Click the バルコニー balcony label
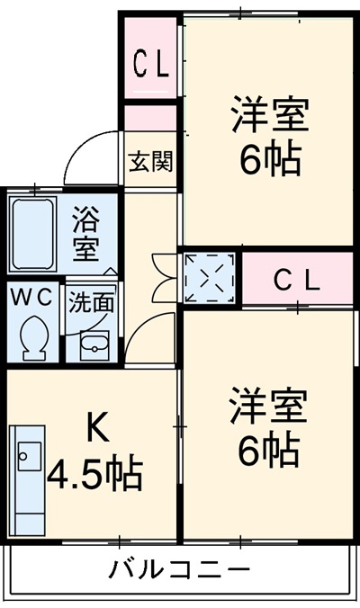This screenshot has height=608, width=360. click(179, 568)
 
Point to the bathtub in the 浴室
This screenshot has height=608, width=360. click(34, 233)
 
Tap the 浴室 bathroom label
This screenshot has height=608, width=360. click(87, 232)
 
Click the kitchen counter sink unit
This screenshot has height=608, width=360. click(29, 478)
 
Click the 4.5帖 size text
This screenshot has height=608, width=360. click(95, 473)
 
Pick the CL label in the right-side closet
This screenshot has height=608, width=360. click(296, 281)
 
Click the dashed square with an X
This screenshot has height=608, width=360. click(211, 277)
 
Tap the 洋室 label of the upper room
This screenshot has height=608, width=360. click(269, 115)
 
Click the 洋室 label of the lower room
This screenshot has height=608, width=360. click(268, 407)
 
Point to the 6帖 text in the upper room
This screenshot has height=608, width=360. click(269, 159)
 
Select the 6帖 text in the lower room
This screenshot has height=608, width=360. click(268, 451)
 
